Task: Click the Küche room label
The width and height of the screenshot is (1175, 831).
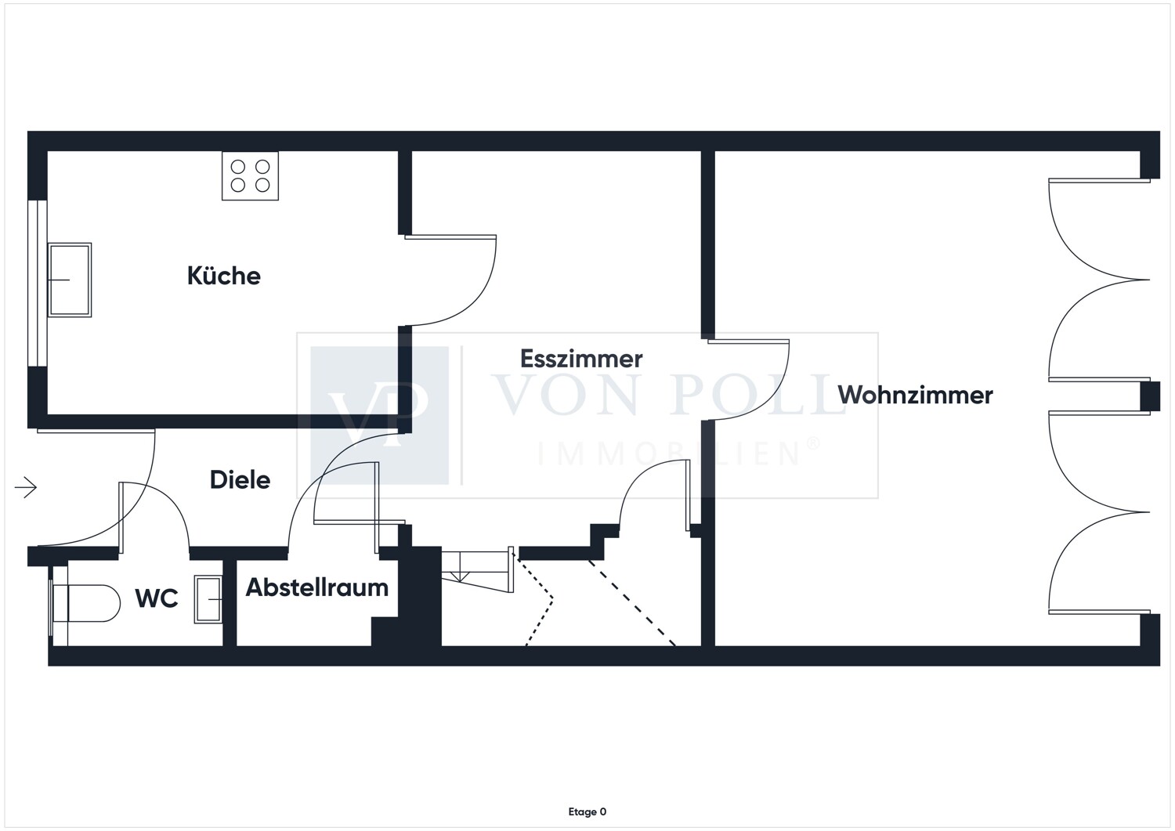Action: (224, 276)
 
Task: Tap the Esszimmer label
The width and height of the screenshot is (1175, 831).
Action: (581, 359)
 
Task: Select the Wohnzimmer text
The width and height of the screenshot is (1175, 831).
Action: (915, 395)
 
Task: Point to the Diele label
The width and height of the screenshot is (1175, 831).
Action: (240, 479)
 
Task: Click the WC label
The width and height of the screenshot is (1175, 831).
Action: (157, 598)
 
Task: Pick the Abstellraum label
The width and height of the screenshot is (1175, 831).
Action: (316, 587)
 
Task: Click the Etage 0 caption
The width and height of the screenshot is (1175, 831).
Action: (587, 811)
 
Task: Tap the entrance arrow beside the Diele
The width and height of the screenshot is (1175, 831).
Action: (26, 487)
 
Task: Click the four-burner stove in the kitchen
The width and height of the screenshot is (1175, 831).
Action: (250, 175)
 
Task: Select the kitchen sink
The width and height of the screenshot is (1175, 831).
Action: (70, 280)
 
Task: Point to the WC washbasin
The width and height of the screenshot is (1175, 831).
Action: (208, 599)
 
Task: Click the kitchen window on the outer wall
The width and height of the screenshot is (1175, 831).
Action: (38, 284)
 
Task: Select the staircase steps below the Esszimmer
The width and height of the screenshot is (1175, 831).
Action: (477, 570)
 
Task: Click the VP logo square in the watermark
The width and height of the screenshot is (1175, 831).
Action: (379, 415)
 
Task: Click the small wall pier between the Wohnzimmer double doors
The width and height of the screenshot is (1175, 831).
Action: (1151, 396)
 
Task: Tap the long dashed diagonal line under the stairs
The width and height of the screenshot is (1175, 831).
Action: (631, 603)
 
